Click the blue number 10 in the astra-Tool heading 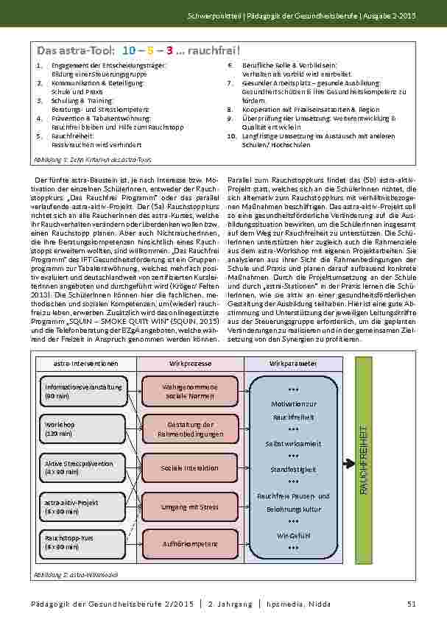tap(129, 51)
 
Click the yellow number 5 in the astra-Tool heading tap(150, 51)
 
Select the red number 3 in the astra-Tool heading tap(169, 51)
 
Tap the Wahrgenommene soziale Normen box tap(191, 391)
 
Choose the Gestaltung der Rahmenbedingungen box tap(191, 429)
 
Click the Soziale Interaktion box tap(191, 468)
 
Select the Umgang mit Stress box tap(191, 506)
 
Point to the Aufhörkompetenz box tap(191, 544)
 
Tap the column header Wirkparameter tap(294, 364)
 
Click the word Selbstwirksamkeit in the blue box tap(294, 445)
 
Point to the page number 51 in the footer tap(412, 604)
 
